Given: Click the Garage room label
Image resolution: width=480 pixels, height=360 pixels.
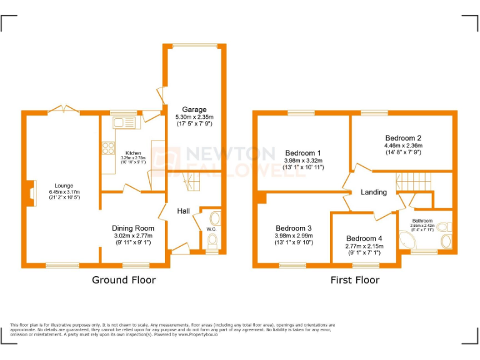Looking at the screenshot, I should (x=194, y=110).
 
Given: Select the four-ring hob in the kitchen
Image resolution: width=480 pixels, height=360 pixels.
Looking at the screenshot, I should (x=106, y=149).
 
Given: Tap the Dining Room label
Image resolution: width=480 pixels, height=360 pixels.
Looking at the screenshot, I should (x=132, y=228).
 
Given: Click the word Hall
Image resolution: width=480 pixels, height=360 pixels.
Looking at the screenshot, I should (x=183, y=211).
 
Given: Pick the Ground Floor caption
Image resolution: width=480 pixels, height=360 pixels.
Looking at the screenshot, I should (x=124, y=279).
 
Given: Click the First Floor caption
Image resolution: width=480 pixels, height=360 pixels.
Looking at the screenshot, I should (x=354, y=280).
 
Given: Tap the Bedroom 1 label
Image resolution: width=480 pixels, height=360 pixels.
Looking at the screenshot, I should (x=303, y=152).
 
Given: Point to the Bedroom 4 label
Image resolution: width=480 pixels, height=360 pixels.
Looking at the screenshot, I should (x=364, y=238).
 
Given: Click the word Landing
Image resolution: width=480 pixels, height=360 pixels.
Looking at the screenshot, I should (x=374, y=192).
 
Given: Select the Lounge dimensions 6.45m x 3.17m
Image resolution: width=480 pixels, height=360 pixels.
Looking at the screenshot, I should (x=64, y=192).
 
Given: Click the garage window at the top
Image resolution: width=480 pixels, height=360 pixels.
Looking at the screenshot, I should (x=195, y=46).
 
